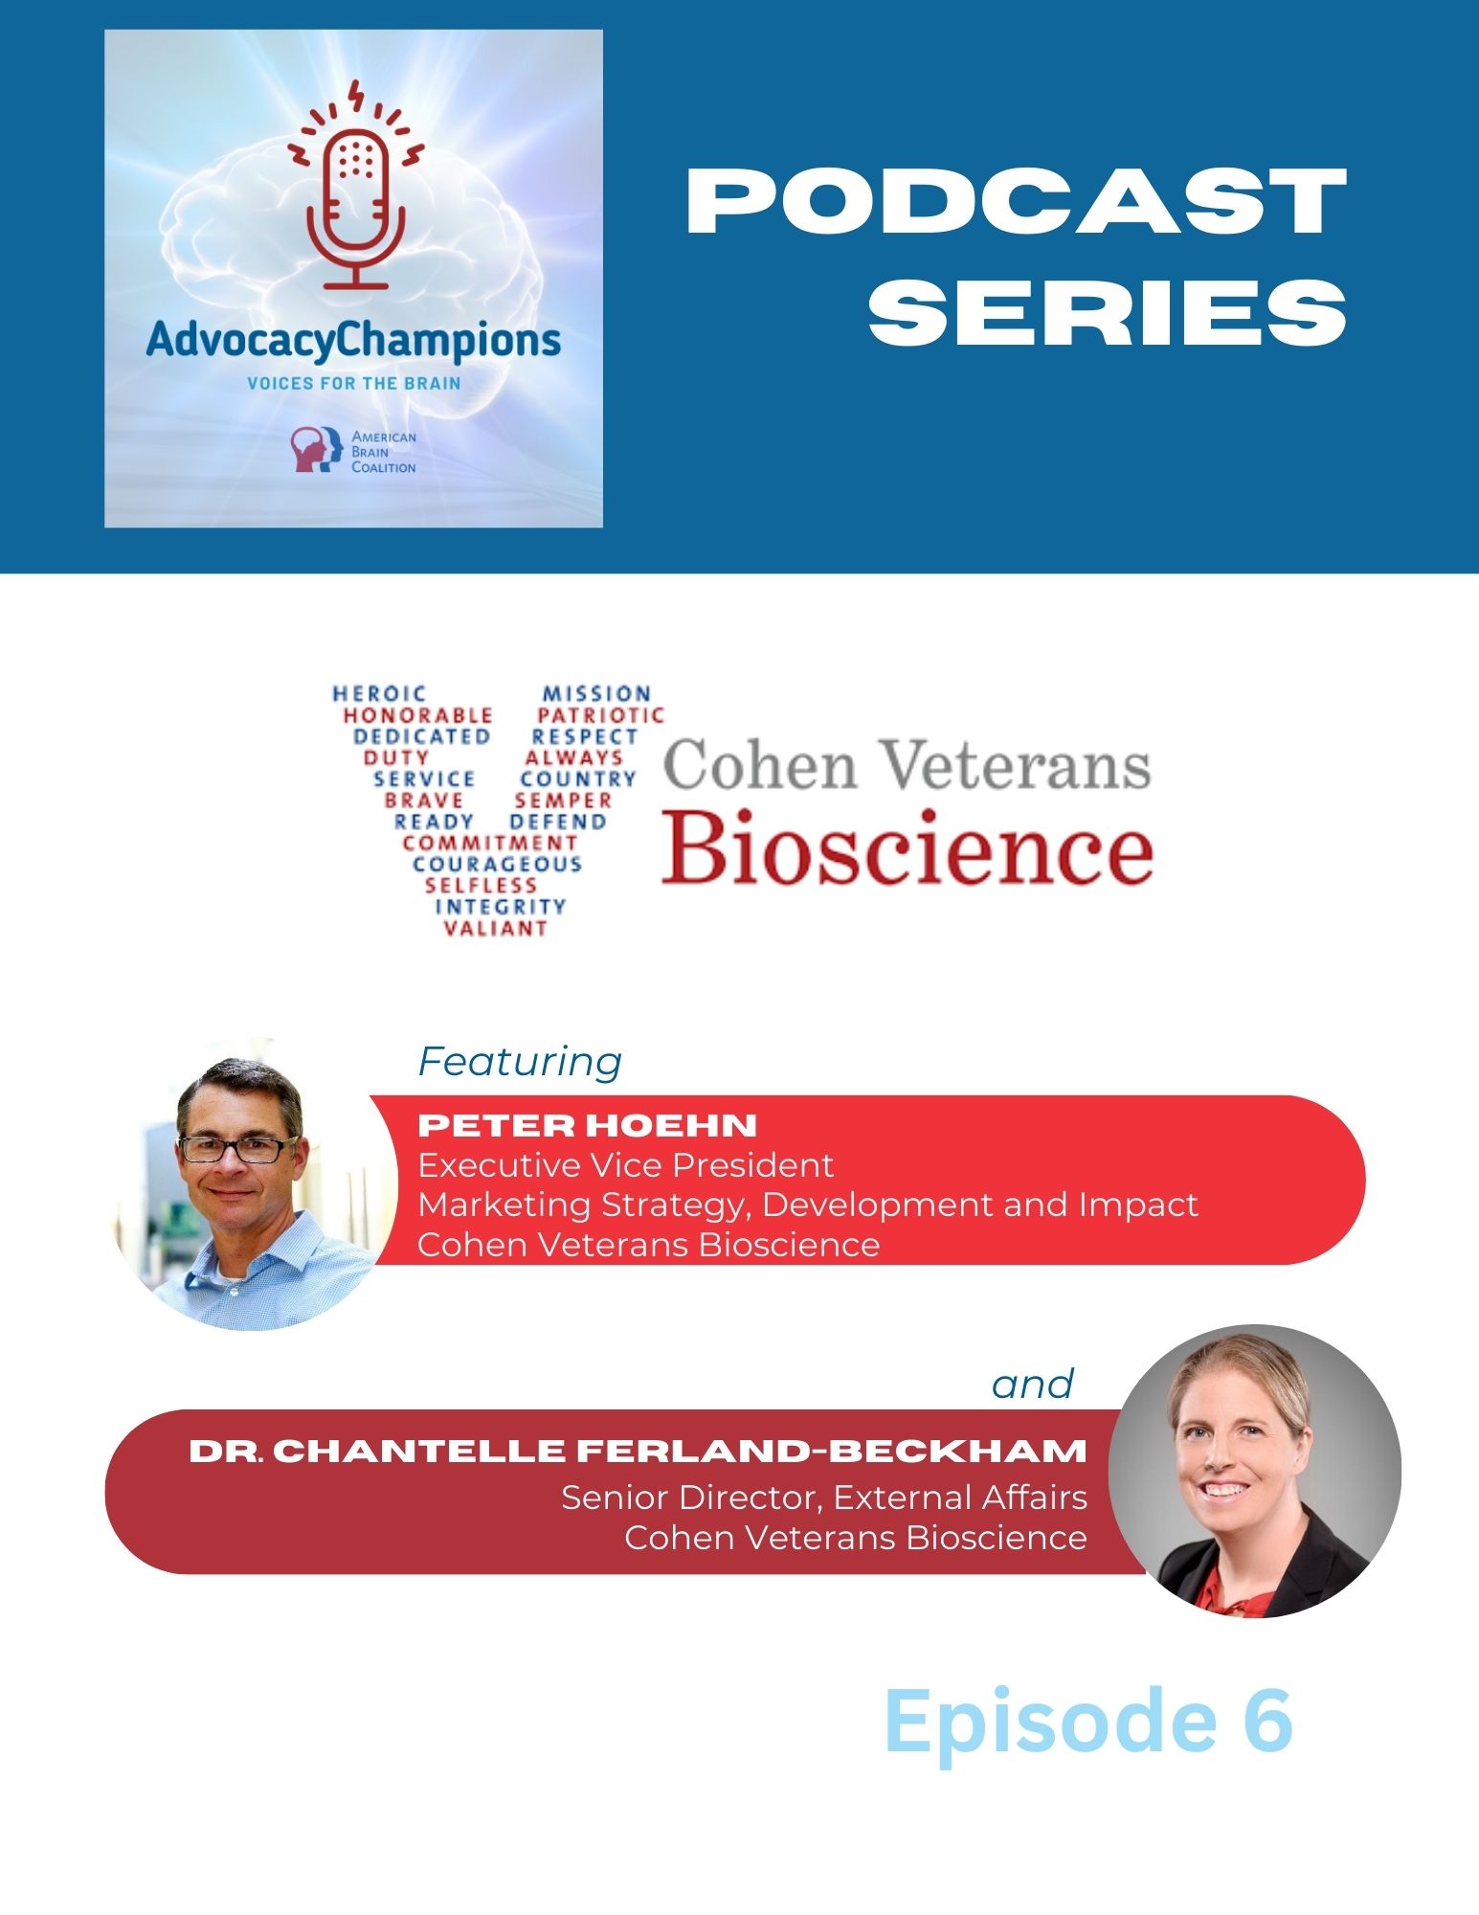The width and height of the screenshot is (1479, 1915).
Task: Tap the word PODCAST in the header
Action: click(1017, 200)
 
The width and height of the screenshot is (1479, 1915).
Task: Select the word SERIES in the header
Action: click(1108, 312)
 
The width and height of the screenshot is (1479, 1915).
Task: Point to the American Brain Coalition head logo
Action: click(317, 450)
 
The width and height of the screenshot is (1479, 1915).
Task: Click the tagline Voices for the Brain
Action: click(354, 383)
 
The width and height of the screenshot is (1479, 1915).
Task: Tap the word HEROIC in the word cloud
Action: click(379, 693)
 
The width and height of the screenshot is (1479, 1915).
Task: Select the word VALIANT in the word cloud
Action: click(496, 928)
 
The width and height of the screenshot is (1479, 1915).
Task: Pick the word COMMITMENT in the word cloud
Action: click(490, 843)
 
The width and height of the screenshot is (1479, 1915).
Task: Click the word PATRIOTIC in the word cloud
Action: click(600, 714)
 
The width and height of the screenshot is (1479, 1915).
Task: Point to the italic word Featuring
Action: click(521, 1062)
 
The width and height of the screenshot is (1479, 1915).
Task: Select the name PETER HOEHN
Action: click(588, 1125)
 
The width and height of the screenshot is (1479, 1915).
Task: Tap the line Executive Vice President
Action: click(626, 1165)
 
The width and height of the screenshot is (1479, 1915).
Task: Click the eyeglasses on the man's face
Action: click(239, 1149)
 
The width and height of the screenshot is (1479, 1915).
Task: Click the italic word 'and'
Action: click(1033, 1385)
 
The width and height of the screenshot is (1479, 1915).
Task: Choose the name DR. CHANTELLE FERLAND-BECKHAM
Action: click(638, 1451)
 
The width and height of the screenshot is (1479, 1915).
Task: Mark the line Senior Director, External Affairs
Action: click(824, 1497)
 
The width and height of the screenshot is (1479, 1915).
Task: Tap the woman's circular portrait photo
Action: click(1255, 1471)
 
